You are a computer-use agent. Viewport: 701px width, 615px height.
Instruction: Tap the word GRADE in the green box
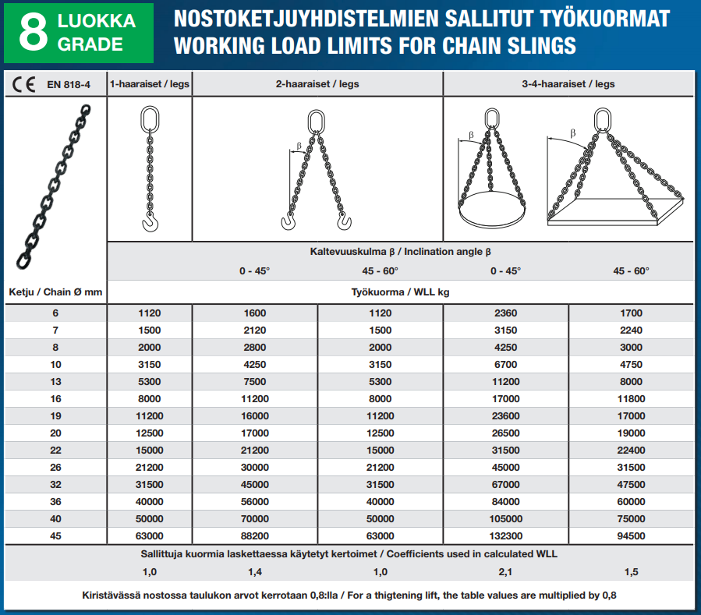click(x=90, y=45)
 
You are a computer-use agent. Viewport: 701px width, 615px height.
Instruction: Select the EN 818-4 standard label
click(x=68, y=84)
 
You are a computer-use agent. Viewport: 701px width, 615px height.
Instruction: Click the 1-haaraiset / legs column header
click(x=149, y=84)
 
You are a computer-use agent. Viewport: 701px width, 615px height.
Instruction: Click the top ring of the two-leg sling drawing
click(x=316, y=121)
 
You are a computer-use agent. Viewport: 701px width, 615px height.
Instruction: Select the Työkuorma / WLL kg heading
click(x=399, y=292)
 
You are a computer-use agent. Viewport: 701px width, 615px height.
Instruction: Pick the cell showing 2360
click(x=505, y=313)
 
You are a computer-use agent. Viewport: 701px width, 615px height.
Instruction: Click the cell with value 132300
click(x=505, y=536)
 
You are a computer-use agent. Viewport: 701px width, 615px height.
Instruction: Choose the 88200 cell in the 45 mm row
click(x=254, y=536)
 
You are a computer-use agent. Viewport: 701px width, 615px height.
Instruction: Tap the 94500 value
click(x=631, y=536)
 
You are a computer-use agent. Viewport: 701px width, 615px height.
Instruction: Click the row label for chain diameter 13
click(x=55, y=382)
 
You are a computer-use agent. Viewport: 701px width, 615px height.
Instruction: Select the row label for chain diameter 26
click(x=55, y=468)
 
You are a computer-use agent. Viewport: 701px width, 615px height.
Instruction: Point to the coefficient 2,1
click(x=505, y=572)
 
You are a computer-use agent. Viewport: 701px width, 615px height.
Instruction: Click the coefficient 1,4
click(x=254, y=572)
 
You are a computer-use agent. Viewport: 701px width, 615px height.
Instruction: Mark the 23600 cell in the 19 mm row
click(x=505, y=416)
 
